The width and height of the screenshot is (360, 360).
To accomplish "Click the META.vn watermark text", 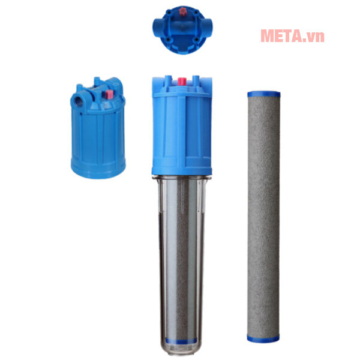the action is (x=292, y=36).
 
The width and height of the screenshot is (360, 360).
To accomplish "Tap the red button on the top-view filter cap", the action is (x=183, y=11).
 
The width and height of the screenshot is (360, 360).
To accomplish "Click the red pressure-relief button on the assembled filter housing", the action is (x=182, y=82).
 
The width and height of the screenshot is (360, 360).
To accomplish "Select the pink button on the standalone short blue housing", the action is (x=109, y=94).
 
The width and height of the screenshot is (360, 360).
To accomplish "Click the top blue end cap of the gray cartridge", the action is (x=264, y=94).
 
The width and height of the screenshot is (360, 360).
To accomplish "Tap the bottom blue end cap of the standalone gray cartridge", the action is (x=263, y=338).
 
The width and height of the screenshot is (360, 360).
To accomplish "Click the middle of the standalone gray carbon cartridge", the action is (x=263, y=217).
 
